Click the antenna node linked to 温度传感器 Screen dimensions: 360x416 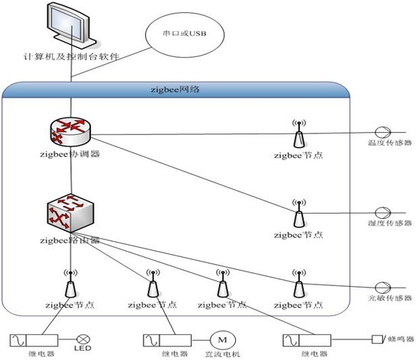(x=298, y=133)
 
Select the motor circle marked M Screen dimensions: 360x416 (x=223, y=338)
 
